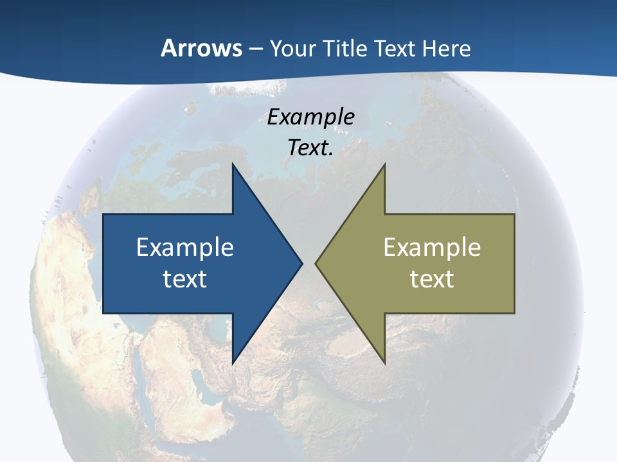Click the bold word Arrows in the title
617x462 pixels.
[x=201, y=49]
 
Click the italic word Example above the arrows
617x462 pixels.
[x=311, y=117]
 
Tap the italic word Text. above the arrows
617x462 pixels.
[x=311, y=148]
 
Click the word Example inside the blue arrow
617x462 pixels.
[x=185, y=248]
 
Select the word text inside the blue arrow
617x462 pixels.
[x=185, y=278]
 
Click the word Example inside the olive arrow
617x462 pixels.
[x=432, y=248]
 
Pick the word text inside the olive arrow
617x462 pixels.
[x=432, y=278]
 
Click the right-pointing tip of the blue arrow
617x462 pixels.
[x=302, y=263]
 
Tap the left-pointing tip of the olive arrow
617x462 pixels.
[x=316, y=263]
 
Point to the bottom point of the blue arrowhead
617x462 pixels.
[x=233, y=363]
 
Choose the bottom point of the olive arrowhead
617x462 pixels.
[x=384, y=363]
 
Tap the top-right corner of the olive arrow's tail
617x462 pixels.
[x=514, y=214]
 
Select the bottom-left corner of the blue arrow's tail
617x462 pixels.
[x=103, y=312]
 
